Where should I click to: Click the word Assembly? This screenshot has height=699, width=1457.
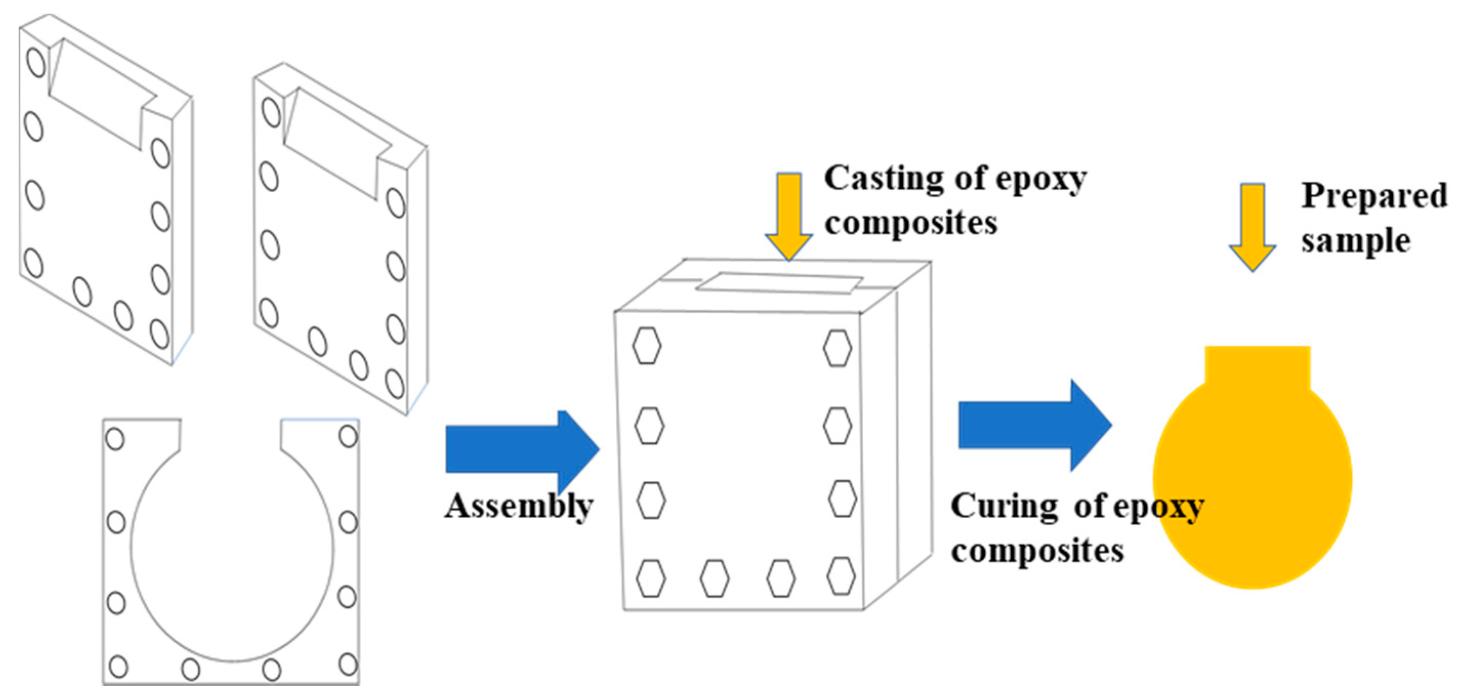click(518, 506)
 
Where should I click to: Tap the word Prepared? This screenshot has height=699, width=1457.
click(1374, 195)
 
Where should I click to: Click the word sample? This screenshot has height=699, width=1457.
click(1355, 240)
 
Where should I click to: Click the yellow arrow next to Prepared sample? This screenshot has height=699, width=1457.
click(1252, 227)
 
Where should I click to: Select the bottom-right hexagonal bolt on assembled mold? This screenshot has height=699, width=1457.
click(841, 575)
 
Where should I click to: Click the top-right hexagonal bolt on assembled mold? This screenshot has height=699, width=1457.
click(837, 347)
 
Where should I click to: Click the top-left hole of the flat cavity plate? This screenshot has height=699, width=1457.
click(115, 439)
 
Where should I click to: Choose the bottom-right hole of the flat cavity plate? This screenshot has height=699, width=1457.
click(348, 664)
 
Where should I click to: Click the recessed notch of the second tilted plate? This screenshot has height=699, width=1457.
click(337, 145)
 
